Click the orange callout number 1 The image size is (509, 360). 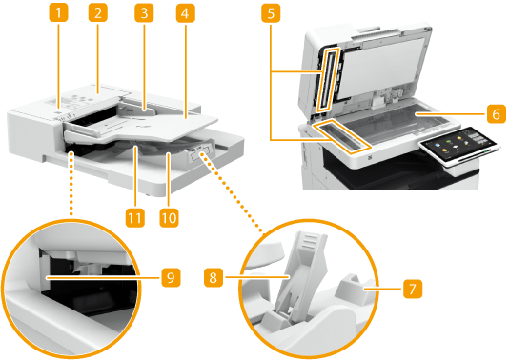point(59,13)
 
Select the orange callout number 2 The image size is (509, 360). point(98,13)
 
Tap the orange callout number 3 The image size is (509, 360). point(144,13)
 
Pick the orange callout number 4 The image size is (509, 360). point(186,13)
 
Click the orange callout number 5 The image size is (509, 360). point(271,13)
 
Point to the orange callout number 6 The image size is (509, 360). point(496,114)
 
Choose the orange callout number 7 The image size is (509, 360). point(413,289)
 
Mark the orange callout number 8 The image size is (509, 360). point(214,278)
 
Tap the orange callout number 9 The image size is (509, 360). point(171,278)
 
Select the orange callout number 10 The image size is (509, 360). point(169,218)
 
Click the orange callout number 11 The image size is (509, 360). point(135,218)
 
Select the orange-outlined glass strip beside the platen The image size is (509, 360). point(341,134)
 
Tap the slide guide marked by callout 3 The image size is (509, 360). point(138,110)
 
